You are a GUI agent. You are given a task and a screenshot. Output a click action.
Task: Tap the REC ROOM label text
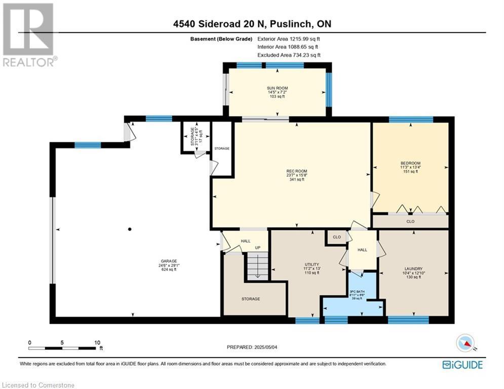296,171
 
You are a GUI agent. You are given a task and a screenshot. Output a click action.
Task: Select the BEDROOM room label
410,164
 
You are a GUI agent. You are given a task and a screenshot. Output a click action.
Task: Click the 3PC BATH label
357,291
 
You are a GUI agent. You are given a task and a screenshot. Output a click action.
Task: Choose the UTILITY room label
312,264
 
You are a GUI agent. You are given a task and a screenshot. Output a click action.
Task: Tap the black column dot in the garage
130,229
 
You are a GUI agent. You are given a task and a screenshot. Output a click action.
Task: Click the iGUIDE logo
462,365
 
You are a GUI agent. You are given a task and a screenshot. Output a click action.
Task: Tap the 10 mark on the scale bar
97,342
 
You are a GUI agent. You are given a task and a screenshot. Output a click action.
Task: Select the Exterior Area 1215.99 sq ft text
289,38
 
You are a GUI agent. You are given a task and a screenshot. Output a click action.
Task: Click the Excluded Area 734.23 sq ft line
289,55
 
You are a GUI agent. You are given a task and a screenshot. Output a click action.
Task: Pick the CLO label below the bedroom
410,221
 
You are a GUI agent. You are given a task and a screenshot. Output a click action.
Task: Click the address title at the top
252,24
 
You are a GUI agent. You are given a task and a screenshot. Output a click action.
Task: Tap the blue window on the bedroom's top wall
411,120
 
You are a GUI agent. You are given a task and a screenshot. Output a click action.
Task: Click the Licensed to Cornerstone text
38,385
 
